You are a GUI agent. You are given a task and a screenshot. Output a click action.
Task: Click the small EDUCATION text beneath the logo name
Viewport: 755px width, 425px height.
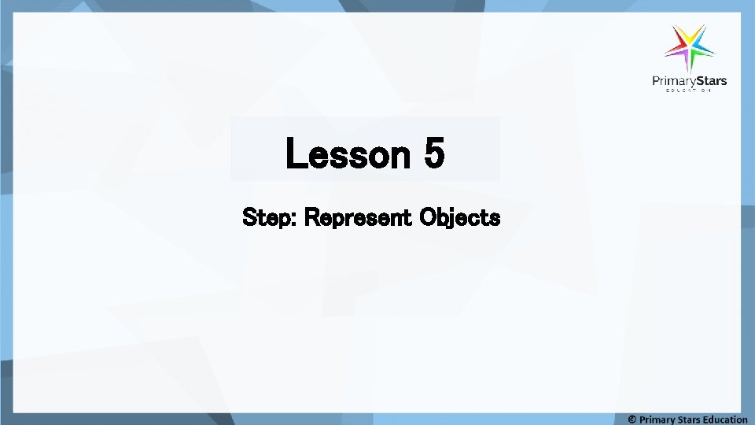[689, 91]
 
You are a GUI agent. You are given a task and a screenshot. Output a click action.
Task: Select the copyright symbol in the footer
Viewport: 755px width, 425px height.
[632, 419]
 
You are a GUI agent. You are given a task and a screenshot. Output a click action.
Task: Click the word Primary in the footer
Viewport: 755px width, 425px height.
[657, 419]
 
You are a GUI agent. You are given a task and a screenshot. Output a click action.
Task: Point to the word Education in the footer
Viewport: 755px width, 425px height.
[727, 419]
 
